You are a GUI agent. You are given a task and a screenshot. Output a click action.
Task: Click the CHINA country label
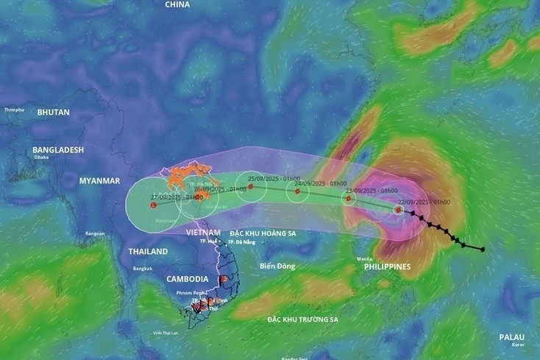pyautogui.click(x=177, y=4)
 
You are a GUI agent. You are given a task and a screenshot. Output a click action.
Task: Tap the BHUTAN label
pyautogui.click(x=53, y=113)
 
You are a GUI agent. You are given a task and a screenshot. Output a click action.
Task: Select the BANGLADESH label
pyautogui.click(x=58, y=149)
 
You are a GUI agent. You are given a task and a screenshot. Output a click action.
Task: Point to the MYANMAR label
pyautogui.click(x=100, y=180)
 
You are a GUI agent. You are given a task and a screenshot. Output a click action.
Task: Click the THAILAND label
pyautogui.click(x=148, y=251)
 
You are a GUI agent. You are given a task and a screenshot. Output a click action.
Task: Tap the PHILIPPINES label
pyautogui.click(x=387, y=267)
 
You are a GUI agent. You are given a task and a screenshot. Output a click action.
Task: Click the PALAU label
pyautogui.click(x=512, y=337)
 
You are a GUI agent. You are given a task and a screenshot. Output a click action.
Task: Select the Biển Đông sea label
pyautogui.click(x=277, y=266)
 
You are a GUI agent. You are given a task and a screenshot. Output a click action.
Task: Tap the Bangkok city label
pyautogui.click(x=143, y=268)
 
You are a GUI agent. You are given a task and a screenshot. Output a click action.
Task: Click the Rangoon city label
pyautogui.click(x=95, y=233)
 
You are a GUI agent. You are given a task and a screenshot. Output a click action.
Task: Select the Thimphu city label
pyautogui.click(x=14, y=110)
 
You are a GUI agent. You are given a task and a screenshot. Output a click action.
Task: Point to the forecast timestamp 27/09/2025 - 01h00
pyautogui.click(x=176, y=197)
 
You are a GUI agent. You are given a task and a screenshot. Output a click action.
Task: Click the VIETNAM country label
pyautogui.click(x=202, y=232)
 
